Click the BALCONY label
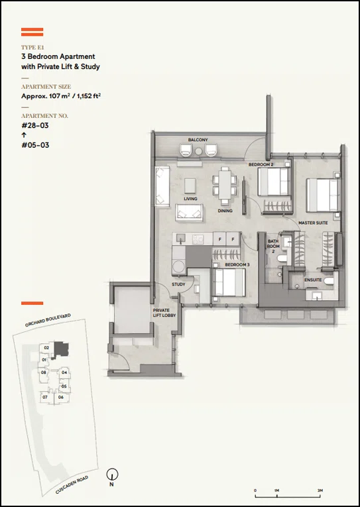tap(198, 140)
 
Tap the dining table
tap(225, 185)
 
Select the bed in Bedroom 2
tap(274, 182)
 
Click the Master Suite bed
tap(323, 195)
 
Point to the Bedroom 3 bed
tap(229, 282)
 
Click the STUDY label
tap(178, 284)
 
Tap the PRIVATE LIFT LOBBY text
tap(164, 313)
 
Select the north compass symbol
tap(112, 475)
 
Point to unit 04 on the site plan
tap(64, 372)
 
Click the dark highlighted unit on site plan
tap(61, 349)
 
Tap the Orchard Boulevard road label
tap(48, 320)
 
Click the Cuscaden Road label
tap(72, 484)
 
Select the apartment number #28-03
tap(35, 125)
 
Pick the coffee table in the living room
tap(190, 186)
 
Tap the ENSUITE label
tap(313, 280)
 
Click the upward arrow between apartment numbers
tap(24, 135)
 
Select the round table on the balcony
tap(199, 151)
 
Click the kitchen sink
tap(181, 239)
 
